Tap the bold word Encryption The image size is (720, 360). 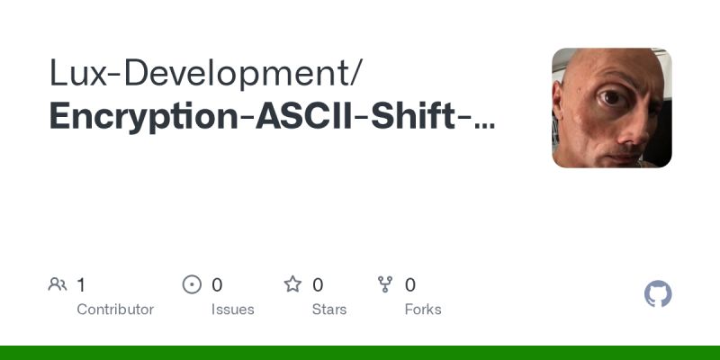tap(144, 118)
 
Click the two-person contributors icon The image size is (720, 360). tap(58, 285)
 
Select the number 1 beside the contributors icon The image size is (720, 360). tap(81, 285)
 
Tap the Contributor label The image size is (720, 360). tap(115, 310)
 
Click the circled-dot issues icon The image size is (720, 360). tap(192, 285)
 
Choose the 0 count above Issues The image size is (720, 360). tap(217, 285)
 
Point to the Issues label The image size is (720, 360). tap(232, 310)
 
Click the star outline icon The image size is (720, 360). tap(292, 285)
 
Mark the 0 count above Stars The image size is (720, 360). tap(318, 285)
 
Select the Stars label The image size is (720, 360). tap(329, 310)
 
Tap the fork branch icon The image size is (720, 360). tap(386, 285)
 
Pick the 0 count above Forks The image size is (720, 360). tap(410, 285)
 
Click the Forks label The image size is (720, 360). tap(423, 310)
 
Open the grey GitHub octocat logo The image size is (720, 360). tap(659, 294)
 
